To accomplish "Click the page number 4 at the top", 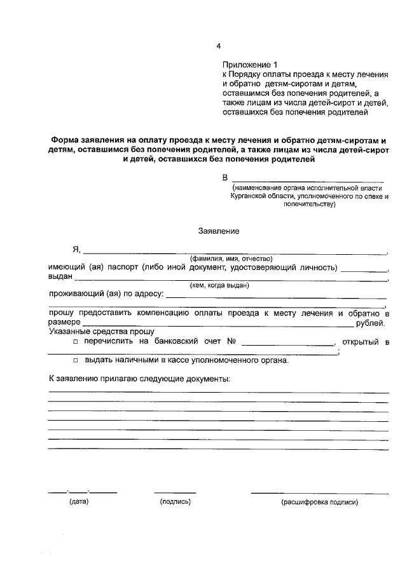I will tap(218, 46).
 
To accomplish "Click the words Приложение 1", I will tap(251, 64).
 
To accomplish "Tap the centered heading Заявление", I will tap(219, 231).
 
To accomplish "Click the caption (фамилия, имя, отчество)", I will tap(231, 259).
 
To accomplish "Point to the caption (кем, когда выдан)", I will tap(219, 285).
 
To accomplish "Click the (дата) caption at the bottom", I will tap(79, 502).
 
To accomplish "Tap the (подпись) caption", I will tap(176, 502).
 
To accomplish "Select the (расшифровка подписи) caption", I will tap(320, 502).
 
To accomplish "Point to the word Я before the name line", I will tap(76, 250).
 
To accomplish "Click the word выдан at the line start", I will tap(60, 276).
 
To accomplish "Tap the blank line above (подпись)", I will tap(175, 492).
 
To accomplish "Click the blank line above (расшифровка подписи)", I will tap(319, 492).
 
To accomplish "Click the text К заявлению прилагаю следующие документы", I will tap(140, 379).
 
